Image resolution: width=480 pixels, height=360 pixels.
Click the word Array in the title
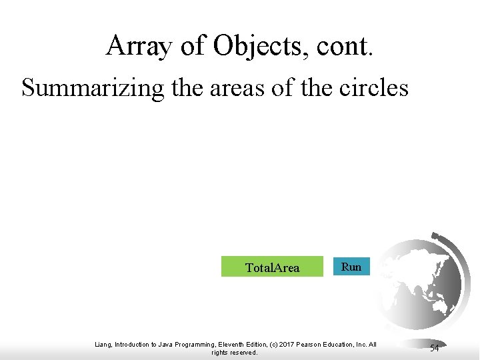tap(134, 46)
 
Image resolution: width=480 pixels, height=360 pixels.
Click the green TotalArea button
tap(272, 267)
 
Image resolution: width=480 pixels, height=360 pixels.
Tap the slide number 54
tap(434, 348)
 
